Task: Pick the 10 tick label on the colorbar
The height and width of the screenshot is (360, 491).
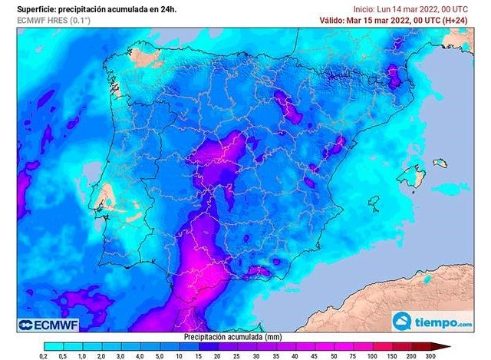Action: click(177, 356)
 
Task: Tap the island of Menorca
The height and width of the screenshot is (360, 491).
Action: click(440, 163)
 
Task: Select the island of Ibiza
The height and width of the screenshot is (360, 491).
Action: click(374, 203)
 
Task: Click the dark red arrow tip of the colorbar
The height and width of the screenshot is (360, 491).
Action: click(446, 346)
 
